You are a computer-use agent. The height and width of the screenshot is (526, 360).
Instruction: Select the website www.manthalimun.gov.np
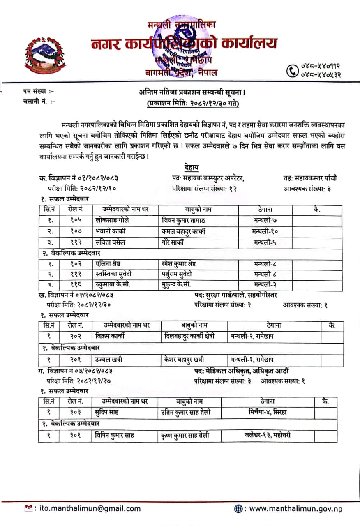click(x=295, y=508)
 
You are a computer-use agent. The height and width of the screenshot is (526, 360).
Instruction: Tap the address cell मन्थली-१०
click(x=265, y=231)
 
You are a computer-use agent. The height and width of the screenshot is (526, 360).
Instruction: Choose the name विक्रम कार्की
click(x=110, y=336)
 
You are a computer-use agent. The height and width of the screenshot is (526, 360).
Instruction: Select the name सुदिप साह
click(x=106, y=412)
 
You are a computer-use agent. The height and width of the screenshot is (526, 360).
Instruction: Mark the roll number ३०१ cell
click(x=76, y=435)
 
